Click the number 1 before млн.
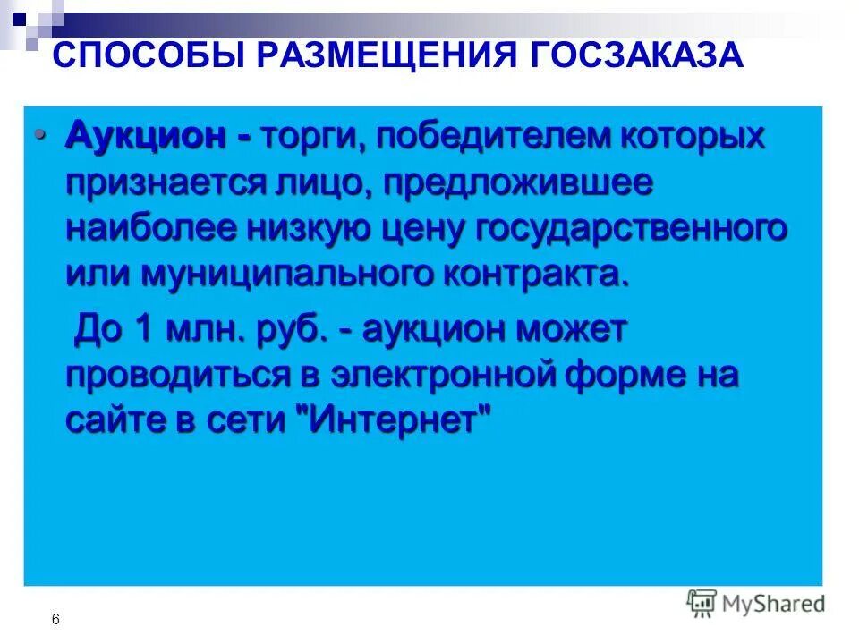click(x=141, y=330)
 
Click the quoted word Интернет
click(x=393, y=419)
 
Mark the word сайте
click(x=109, y=419)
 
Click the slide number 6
click(x=56, y=619)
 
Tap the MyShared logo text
click(x=773, y=604)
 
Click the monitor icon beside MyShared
click(x=702, y=603)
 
